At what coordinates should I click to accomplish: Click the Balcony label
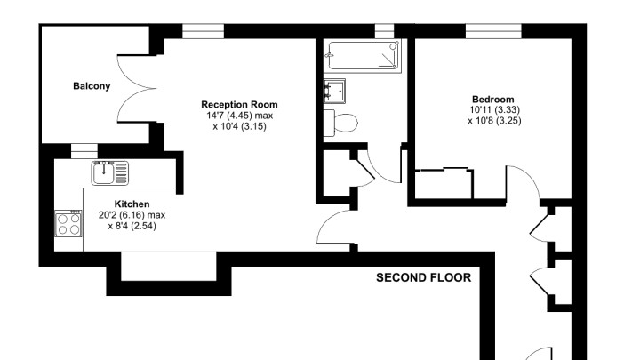tap(92, 86)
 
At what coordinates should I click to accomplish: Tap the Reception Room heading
tap(239, 105)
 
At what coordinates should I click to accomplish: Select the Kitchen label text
tap(132, 204)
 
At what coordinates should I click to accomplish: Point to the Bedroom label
tap(493, 100)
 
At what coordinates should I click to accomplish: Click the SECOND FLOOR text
tap(424, 278)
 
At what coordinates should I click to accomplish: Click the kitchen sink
tap(110, 173)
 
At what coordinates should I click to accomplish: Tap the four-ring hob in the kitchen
tap(68, 223)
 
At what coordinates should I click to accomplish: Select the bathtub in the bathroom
tap(363, 55)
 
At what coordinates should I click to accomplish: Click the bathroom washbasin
tap(334, 91)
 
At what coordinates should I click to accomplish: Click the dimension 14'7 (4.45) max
tap(240, 116)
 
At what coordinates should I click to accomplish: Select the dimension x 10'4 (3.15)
tap(239, 126)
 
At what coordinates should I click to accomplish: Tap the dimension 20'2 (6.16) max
tap(132, 215)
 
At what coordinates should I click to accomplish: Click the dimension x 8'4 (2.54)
tap(132, 226)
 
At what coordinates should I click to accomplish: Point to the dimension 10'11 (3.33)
tap(494, 110)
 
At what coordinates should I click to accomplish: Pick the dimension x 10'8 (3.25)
tap(494, 121)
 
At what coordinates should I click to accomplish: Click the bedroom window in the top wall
tap(493, 31)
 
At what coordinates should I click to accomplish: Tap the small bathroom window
tap(384, 31)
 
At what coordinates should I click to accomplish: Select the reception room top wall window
tap(203, 31)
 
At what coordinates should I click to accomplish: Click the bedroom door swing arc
tap(531, 174)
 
